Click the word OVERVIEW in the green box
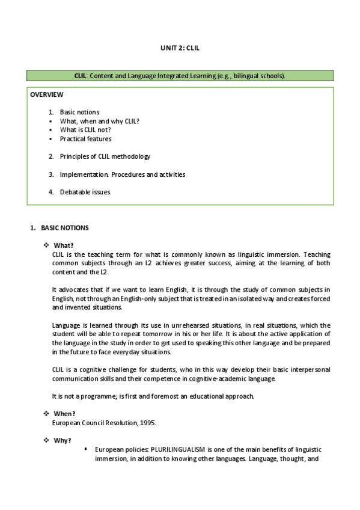point(47,94)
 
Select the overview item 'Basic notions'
point(79,112)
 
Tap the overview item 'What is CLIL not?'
point(85,129)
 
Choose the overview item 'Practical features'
point(85,138)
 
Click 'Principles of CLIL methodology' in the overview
point(105,156)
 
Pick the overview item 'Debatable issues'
point(85,192)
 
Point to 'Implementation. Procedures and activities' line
point(122,174)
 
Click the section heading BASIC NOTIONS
point(64,228)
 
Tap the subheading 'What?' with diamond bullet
point(64,245)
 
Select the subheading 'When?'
point(64,414)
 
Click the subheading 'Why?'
point(63,440)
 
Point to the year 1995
point(147,423)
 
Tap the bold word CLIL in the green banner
point(81,76)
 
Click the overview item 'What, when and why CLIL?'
point(99,121)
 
